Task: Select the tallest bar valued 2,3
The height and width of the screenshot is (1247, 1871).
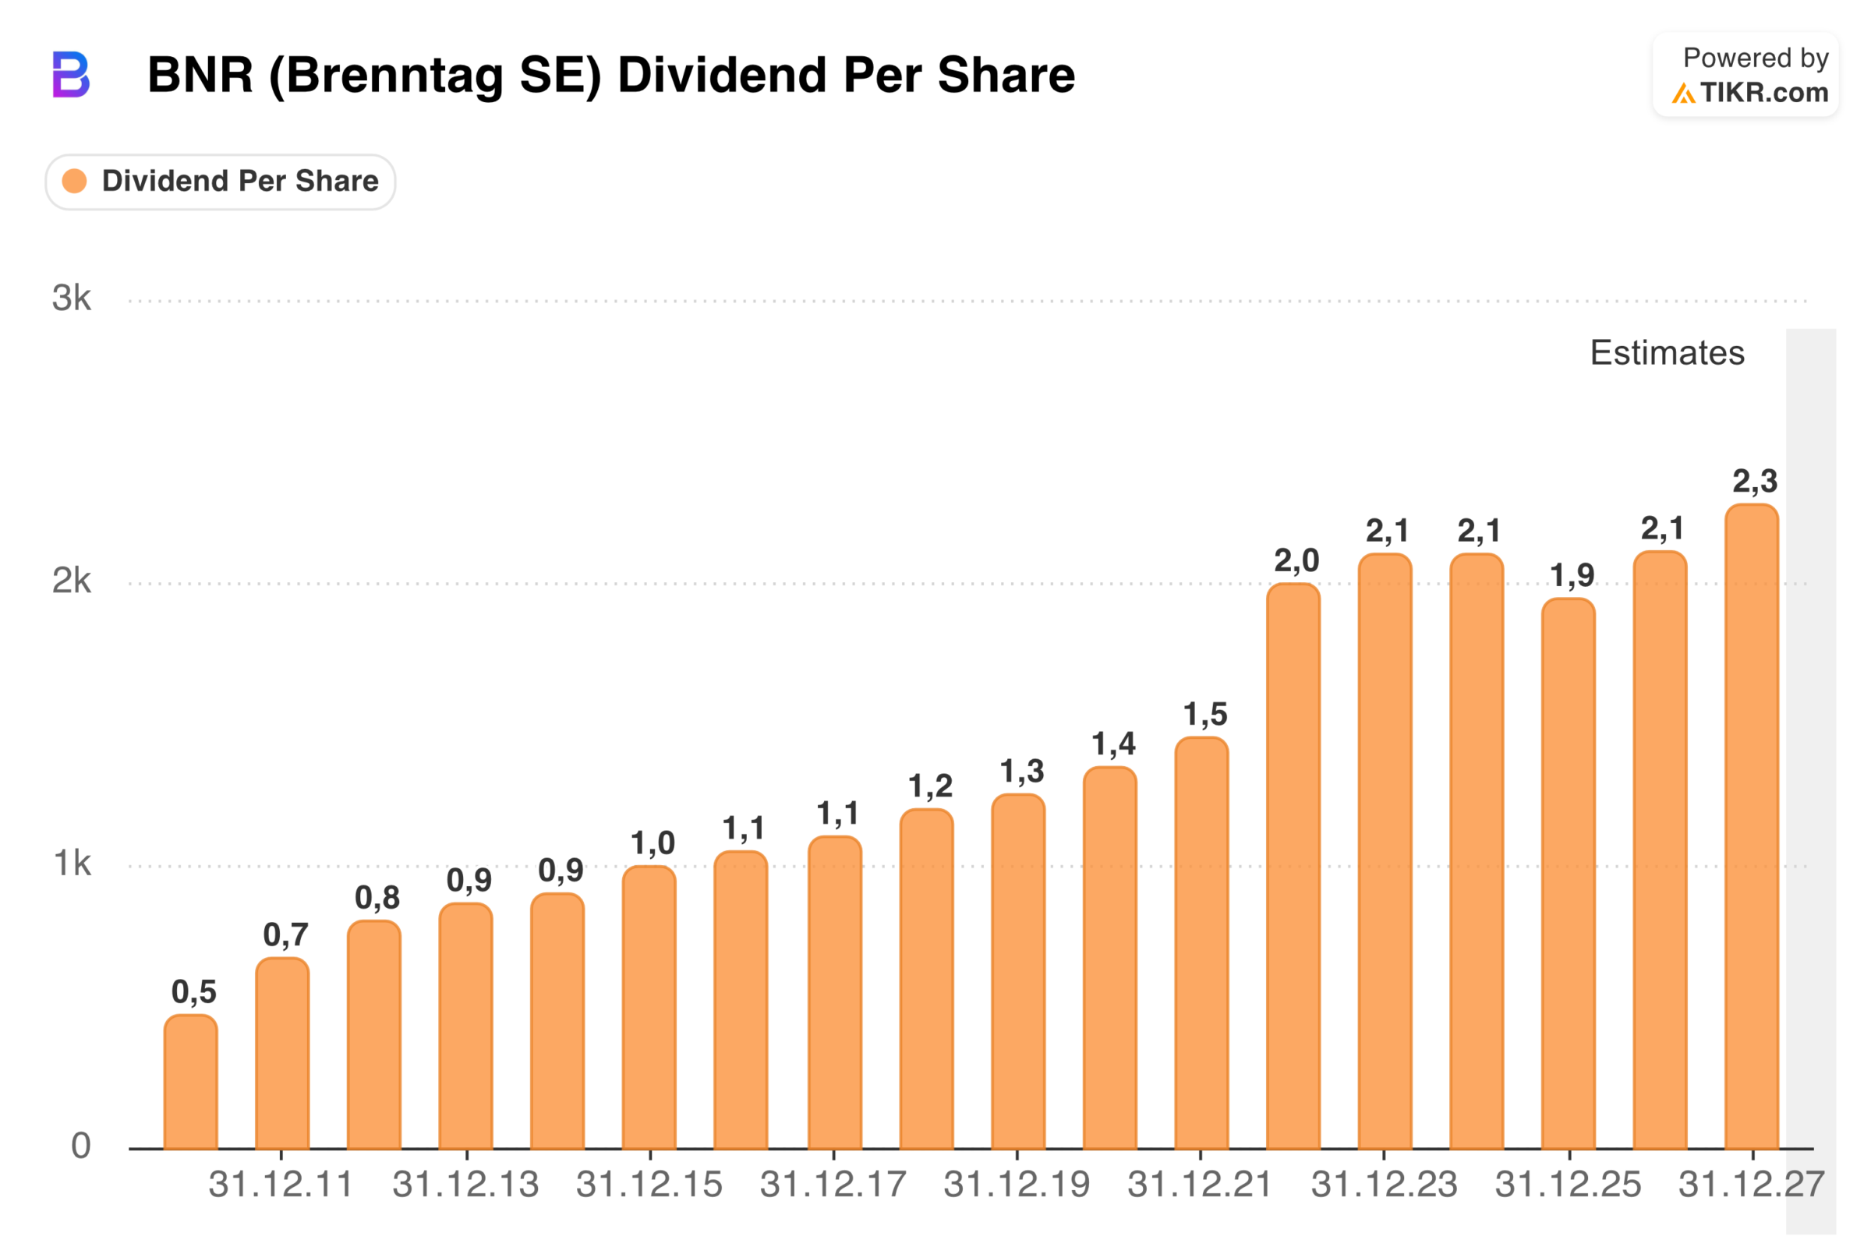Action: [x=1752, y=827]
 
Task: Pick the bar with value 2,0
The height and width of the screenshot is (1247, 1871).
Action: [x=1293, y=867]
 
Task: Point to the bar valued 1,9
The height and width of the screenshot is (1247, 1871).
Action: [x=1569, y=874]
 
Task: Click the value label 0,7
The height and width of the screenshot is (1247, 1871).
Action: [x=285, y=935]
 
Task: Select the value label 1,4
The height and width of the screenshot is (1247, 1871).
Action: [x=1114, y=744]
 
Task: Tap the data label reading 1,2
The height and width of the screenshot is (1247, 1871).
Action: [x=930, y=786]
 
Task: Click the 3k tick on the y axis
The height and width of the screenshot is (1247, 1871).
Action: [x=72, y=299]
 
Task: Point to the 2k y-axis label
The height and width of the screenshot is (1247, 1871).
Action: [x=72, y=582]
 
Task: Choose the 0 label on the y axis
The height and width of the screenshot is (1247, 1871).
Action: [x=80, y=1146]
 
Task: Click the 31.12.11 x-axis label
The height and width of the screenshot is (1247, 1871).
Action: [x=281, y=1185]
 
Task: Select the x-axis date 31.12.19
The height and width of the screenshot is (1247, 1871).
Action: [x=1017, y=1185]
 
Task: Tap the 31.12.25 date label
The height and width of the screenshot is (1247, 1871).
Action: [x=1568, y=1185]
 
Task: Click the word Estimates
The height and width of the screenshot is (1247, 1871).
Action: [x=1668, y=353]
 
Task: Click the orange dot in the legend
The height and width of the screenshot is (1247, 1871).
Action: [x=75, y=182]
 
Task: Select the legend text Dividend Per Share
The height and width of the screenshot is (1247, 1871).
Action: [x=240, y=182]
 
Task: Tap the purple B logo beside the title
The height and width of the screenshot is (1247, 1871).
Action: [x=71, y=75]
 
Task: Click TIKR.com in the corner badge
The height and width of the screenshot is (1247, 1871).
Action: [x=1764, y=93]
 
